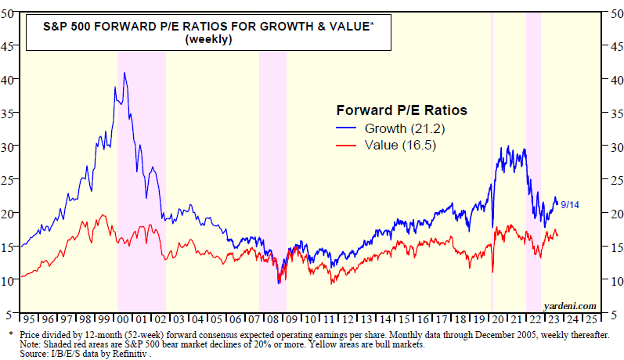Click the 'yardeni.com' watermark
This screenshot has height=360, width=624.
[569, 305]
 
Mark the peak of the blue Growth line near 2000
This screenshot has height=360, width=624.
[124, 73]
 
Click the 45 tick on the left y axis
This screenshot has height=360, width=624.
[9, 45]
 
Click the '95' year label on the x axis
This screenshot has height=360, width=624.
[28, 321]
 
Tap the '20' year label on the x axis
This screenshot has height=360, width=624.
[496, 321]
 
